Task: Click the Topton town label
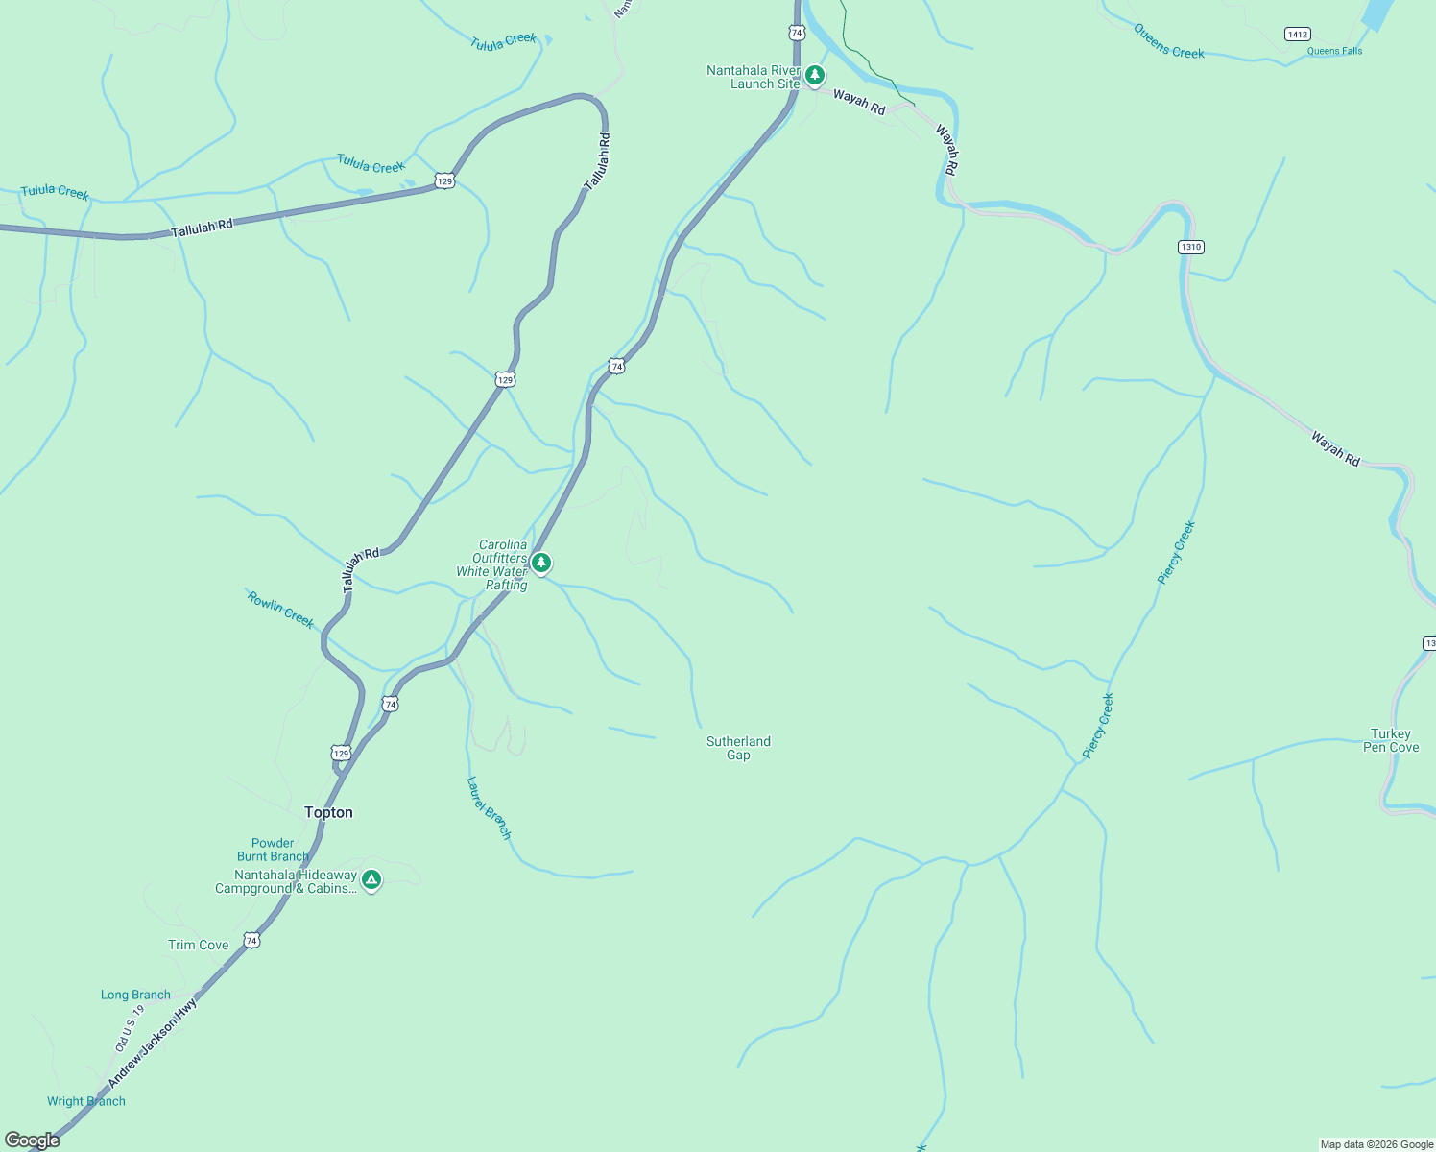(328, 812)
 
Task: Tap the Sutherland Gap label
(738, 748)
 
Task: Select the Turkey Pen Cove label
(1391, 740)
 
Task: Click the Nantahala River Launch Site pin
(815, 75)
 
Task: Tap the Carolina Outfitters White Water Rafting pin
(541, 563)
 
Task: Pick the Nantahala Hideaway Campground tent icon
(371, 879)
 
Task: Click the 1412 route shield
(1297, 35)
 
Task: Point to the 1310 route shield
(1190, 247)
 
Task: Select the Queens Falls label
(1334, 51)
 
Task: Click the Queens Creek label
(1168, 41)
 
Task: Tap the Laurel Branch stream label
(489, 808)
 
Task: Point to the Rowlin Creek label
(280, 610)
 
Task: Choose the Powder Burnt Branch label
(274, 850)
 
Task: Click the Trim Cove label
(199, 945)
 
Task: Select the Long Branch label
(135, 995)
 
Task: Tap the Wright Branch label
(86, 1101)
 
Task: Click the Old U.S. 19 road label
(130, 1027)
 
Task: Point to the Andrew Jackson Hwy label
(153, 1043)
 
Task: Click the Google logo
(33, 1140)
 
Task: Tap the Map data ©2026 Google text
(1376, 1144)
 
